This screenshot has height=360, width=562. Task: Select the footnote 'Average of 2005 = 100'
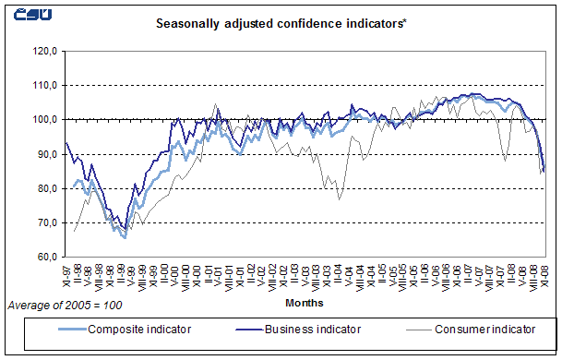[x=64, y=304]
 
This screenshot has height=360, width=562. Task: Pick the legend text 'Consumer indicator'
[x=484, y=329]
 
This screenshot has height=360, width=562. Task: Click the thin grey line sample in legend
[x=410, y=329]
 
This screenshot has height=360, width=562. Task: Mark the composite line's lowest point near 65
[x=124, y=237]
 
